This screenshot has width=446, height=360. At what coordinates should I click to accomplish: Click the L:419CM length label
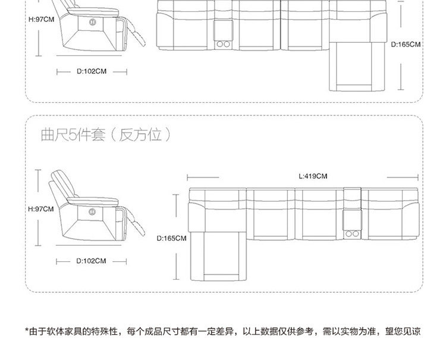[313, 176]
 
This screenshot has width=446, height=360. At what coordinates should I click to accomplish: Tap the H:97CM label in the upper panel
[40, 19]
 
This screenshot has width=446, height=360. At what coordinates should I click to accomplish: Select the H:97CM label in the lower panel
[40, 209]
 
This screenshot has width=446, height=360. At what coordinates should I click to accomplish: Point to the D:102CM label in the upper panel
[92, 71]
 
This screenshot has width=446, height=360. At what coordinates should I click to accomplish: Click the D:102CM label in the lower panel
[92, 261]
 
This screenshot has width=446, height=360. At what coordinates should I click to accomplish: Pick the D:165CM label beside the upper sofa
[406, 44]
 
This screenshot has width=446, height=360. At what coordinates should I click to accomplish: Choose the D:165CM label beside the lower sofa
[171, 238]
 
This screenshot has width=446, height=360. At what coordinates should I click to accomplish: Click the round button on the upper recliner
[93, 21]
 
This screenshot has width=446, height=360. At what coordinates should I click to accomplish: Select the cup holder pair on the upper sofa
[225, 43]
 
